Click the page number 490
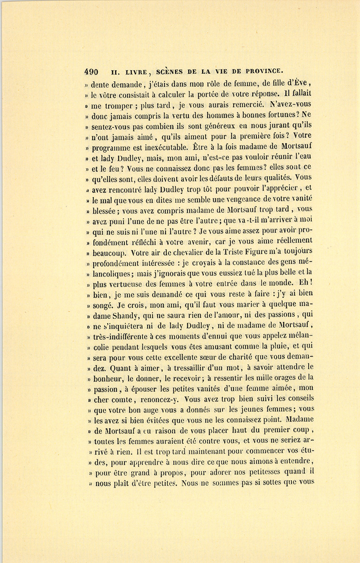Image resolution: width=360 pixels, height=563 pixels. (91, 72)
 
